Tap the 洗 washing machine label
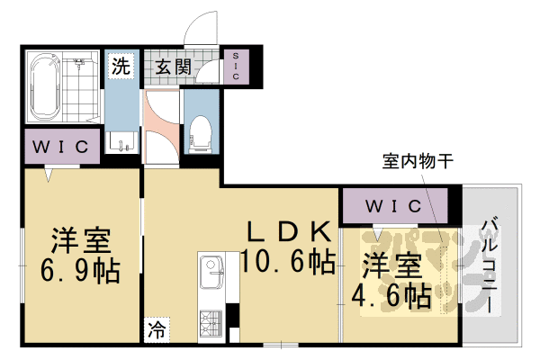click(120, 66)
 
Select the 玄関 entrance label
click(171, 66)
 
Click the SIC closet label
click(236, 66)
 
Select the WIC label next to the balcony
click(393, 206)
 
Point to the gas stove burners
click(213, 319)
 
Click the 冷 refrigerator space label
click(156, 330)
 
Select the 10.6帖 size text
click(288, 263)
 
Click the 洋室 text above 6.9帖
click(80, 240)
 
